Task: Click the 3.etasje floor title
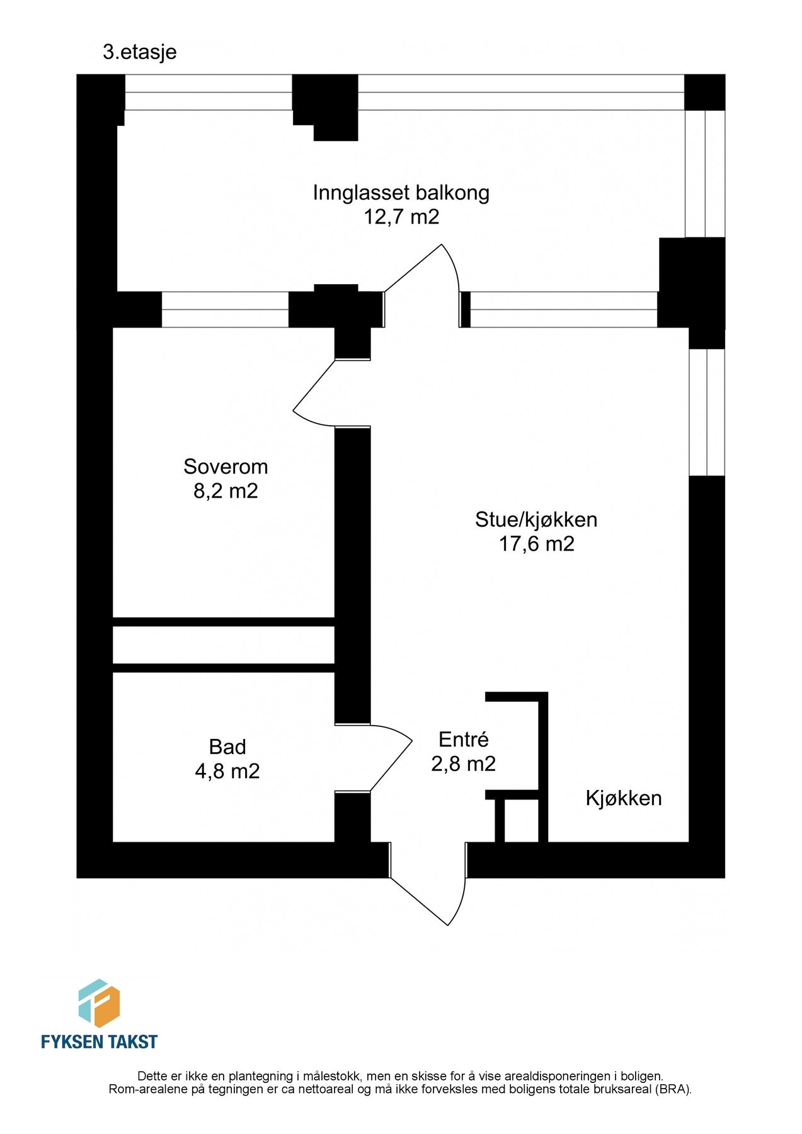[139, 52]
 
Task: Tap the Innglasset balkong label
[401, 192]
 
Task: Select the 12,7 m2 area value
[401, 217]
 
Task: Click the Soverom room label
[226, 466]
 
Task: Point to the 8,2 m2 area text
[226, 491]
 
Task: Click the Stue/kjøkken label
[536, 520]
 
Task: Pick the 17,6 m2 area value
[536, 544]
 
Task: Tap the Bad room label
[227, 747]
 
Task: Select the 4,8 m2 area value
[227, 771]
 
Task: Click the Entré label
[463, 739]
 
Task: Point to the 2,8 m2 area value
[463, 764]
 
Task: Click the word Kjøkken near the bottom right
[623, 798]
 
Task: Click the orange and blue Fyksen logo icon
[98, 1003]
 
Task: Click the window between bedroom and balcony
[225, 309]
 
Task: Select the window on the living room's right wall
[706, 412]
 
